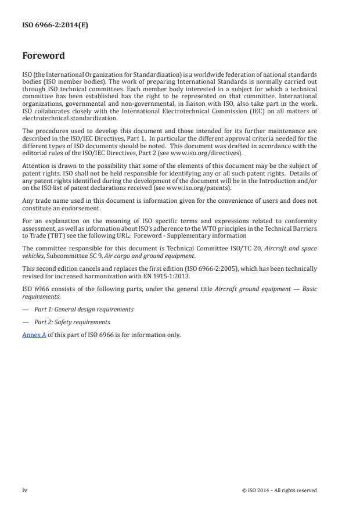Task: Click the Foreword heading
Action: point(43,56)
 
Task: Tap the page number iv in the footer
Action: point(24,490)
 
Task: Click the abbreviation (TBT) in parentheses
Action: point(58,236)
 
